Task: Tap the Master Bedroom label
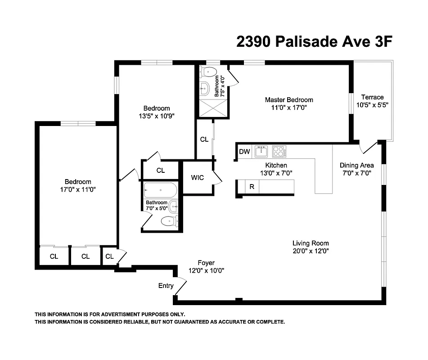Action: pos(288,100)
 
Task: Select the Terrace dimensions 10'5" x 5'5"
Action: pos(372,104)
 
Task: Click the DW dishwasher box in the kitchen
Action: pos(244,152)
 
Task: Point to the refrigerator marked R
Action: pos(252,187)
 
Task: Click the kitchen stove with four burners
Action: pos(279,152)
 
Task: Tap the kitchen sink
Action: pos(261,152)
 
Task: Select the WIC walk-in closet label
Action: pos(197,178)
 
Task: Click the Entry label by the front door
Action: pos(166,286)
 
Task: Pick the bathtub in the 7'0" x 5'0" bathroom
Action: pos(160,191)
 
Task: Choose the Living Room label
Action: pos(311,243)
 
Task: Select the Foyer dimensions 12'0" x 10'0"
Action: pos(206,270)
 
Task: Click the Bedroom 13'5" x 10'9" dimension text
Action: pos(156,116)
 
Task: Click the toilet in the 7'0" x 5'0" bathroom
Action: pos(168,221)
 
